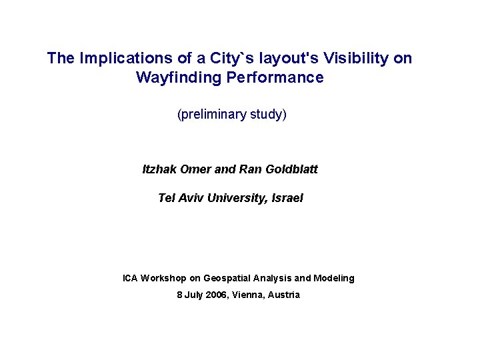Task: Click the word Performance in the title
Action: pos(275,78)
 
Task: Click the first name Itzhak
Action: pos(161,169)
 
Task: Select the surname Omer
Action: pos(197,169)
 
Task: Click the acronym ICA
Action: pos(131,278)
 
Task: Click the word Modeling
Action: pos(334,278)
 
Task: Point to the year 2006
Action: pos(213,295)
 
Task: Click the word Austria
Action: pos(284,295)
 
